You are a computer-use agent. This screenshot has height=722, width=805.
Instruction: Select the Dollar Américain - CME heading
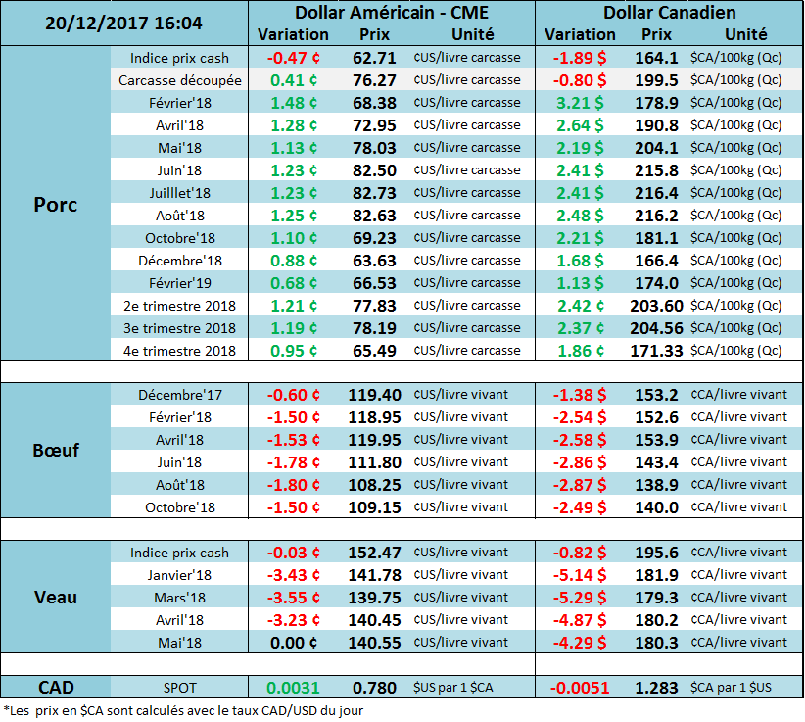391,13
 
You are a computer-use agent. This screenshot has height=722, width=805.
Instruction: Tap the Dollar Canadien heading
669,13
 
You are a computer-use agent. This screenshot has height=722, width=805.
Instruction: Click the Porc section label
55,205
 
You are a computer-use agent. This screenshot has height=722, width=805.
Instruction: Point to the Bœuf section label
55,451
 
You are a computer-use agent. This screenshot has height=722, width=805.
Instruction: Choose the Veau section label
55,597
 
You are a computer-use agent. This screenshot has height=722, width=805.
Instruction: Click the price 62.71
373,58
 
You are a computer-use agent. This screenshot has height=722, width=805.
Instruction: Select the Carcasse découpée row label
179,80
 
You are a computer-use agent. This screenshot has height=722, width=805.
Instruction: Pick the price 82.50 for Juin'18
373,170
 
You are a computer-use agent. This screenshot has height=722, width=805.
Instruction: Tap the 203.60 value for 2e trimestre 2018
656,306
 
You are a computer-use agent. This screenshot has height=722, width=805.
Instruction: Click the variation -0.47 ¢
294,58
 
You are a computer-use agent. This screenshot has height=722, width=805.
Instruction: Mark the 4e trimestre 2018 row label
179,351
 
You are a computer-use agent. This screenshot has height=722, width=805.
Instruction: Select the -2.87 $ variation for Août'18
581,485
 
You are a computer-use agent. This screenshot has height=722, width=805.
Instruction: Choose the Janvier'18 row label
179,576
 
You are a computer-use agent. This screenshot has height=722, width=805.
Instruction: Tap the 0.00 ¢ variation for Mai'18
294,643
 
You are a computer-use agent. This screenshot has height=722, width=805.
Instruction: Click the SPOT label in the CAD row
179,688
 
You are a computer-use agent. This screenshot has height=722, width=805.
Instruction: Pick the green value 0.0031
294,688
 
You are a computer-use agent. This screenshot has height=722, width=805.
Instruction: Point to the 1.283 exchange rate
656,688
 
